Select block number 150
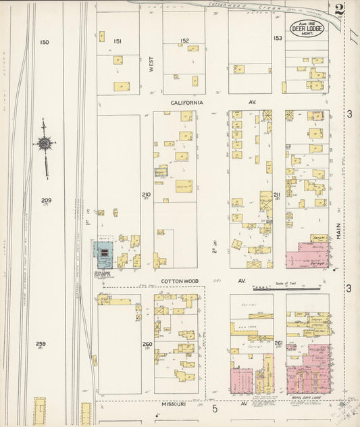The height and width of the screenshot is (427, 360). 45,43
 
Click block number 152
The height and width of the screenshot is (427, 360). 184,41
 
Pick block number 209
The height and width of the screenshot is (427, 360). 46,201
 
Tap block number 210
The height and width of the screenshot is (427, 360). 146,195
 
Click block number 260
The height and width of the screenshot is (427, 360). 147,345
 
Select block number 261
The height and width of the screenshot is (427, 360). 278,344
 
